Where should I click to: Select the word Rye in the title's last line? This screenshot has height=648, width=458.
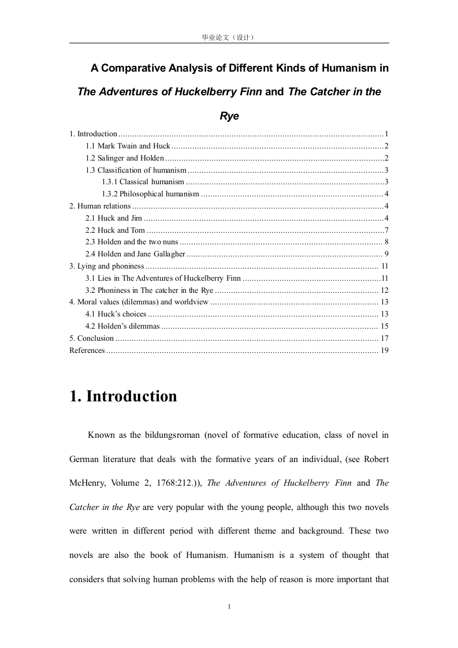[x=229, y=116]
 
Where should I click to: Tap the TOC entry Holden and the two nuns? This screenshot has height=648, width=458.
[x=132, y=242]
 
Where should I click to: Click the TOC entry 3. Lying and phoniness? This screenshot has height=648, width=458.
[x=106, y=266]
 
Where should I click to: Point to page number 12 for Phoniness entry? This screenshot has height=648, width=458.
[x=385, y=291]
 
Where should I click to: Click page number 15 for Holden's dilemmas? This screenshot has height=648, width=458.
[x=385, y=326]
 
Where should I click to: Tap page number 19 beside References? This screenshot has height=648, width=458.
[x=385, y=351]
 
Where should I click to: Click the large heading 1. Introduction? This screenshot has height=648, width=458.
[x=123, y=397]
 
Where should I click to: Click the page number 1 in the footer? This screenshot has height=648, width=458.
[x=229, y=606]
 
